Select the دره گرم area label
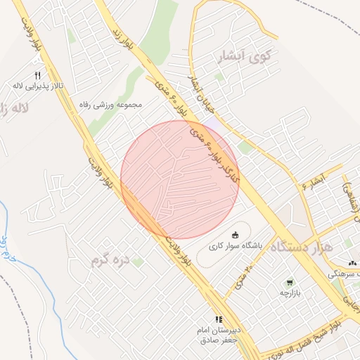pos(111,262)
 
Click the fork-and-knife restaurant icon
pos(38,75)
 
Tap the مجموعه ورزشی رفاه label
pos(111,105)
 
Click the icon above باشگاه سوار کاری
pos(235,235)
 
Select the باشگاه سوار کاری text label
pos(235,246)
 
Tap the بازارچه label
pos(290,292)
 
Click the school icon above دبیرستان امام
pos(218,319)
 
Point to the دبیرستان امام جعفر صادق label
pos(218,334)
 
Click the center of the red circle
pos(179,179)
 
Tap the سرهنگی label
pos(345,271)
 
